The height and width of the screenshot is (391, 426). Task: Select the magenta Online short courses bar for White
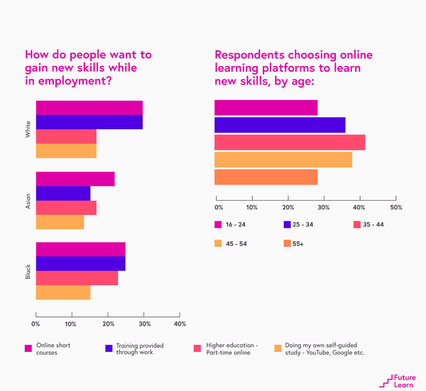(89, 108)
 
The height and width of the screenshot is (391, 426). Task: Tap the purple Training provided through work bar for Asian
(63, 193)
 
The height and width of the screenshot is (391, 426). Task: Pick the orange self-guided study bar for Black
(63, 292)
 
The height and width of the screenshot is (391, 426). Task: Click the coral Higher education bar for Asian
(66, 207)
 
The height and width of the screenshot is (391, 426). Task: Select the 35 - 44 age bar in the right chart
(290, 142)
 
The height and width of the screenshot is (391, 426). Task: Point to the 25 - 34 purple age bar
(280, 125)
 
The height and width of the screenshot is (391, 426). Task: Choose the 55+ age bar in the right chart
(266, 177)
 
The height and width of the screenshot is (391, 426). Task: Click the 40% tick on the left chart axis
(180, 324)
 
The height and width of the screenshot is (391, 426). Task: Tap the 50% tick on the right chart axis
(396, 207)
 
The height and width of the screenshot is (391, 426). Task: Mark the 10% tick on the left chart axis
(71, 324)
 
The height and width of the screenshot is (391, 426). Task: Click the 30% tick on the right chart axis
(324, 207)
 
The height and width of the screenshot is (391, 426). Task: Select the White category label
(28, 129)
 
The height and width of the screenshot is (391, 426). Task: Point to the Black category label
(28, 271)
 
